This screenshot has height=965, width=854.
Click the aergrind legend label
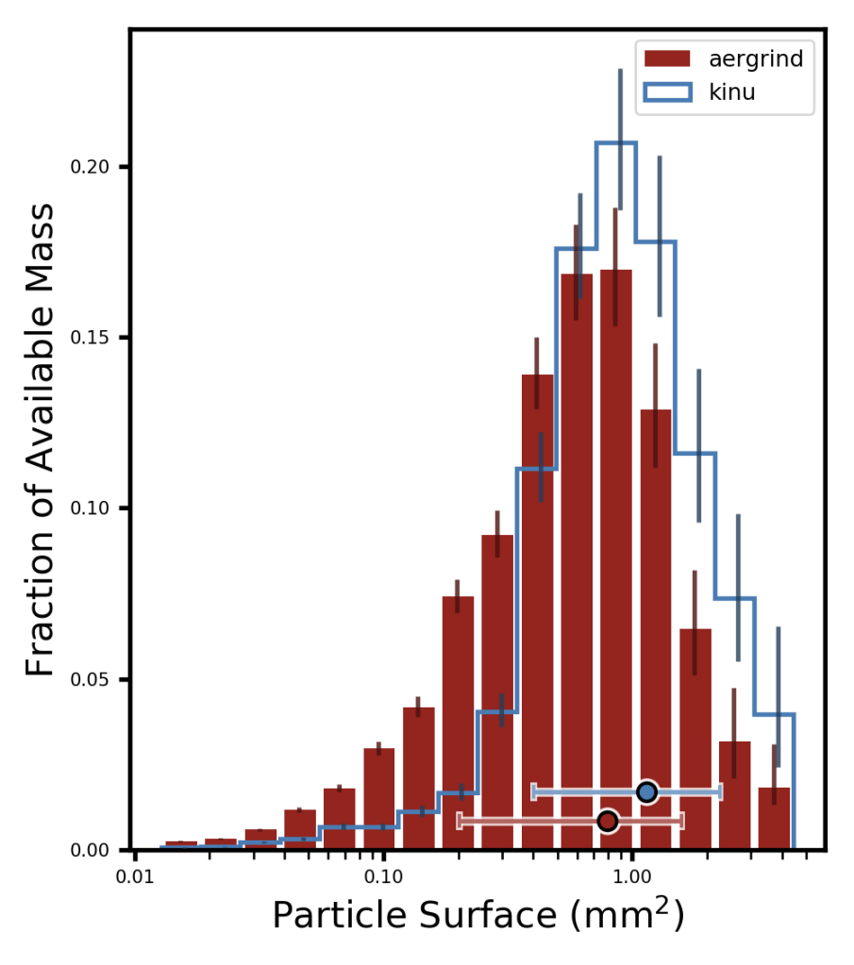tap(755, 59)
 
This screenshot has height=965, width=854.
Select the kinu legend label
tap(731, 93)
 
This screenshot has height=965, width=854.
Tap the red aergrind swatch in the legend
tap(668, 59)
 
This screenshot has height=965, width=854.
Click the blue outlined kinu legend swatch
tap(668, 93)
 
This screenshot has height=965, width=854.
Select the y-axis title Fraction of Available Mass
tap(41, 440)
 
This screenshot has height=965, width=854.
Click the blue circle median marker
tap(646, 791)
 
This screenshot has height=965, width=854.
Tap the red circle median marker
tap(608, 822)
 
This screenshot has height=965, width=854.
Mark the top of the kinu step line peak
tap(615, 142)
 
